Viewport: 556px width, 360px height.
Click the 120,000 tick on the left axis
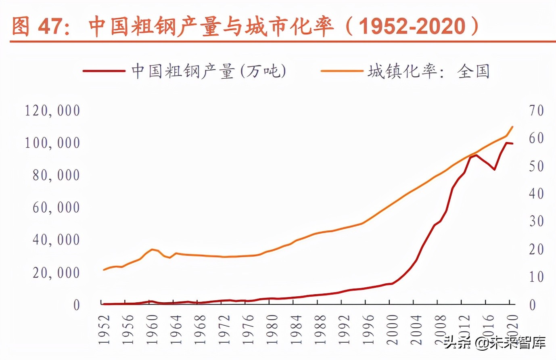53,111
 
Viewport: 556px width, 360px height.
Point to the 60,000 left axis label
56,207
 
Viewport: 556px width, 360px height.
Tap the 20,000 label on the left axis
56,273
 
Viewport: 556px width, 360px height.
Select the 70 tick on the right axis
537,111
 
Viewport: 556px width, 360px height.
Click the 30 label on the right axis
537,221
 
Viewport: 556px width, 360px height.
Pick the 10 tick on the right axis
537,277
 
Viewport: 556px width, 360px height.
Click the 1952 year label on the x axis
105,329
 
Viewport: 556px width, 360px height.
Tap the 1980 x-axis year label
273,329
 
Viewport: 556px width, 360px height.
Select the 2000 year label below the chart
393,329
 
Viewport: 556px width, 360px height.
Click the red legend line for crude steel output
104,71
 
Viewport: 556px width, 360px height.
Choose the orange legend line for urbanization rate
342,71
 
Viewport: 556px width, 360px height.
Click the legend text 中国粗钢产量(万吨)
209,71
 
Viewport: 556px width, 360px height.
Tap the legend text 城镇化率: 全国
428,71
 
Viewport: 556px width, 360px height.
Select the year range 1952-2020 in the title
412,27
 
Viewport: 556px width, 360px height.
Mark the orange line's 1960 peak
152,249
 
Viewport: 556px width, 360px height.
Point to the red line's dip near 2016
494,170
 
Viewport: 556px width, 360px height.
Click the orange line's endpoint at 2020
512,127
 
